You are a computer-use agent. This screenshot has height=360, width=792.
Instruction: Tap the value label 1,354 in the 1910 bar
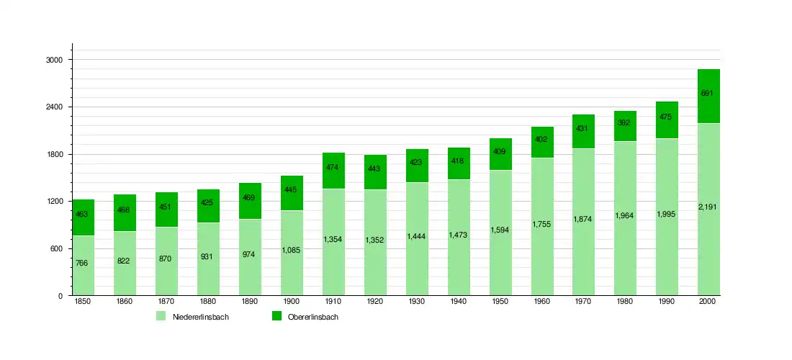(333, 239)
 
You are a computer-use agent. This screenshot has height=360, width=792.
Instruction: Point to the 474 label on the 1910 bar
(333, 167)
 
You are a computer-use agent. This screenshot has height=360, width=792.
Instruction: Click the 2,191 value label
(709, 207)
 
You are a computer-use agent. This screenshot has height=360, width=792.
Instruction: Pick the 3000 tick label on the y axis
(55, 60)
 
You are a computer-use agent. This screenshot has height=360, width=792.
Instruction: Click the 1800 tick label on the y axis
(55, 154)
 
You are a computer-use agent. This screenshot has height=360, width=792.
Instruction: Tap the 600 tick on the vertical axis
(57, 248)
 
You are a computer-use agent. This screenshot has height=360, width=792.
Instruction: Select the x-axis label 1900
(292, 302)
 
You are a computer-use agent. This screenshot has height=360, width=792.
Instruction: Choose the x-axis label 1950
(500, 302)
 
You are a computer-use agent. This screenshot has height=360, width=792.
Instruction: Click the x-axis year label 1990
(667, 302)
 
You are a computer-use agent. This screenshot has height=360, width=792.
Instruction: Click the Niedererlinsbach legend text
(201, 318)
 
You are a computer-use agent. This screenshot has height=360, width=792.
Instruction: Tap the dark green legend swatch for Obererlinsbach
(276, 317)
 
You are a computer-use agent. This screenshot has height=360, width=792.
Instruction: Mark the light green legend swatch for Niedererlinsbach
(161, 317)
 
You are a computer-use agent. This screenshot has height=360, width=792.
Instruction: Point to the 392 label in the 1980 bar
(625, 123)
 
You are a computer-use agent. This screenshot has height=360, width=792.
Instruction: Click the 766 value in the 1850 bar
(82, 264)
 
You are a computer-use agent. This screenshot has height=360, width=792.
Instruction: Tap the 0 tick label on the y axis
(61, 296)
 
